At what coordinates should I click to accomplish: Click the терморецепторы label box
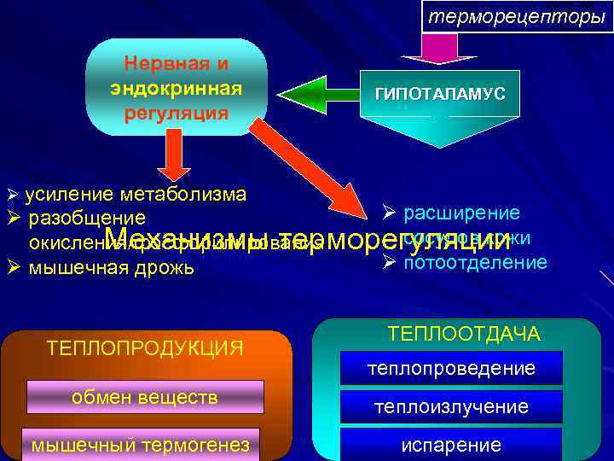517,16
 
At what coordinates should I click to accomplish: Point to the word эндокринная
176,88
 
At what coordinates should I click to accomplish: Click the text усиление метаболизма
136,194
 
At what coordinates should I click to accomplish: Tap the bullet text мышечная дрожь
112,267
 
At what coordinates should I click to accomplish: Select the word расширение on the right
461,213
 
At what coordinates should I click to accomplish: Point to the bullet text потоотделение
475,262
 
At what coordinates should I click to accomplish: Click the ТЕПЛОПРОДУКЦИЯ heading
145,347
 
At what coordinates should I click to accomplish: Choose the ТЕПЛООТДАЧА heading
464,334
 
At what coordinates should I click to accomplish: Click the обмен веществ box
145,397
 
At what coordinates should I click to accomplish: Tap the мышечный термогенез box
142,444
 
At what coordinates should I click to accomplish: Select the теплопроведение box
451,368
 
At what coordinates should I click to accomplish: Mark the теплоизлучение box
451,407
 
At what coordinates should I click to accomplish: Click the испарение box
451,445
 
